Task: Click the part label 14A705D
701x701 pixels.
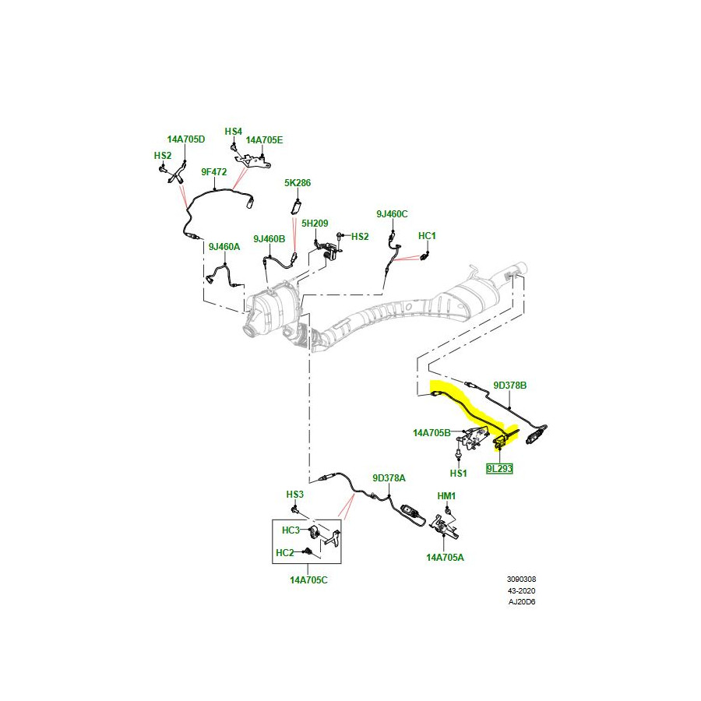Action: click(185, 139)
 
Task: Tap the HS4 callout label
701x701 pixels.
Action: click(234, 131)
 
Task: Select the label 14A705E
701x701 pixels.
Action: click(265, 140)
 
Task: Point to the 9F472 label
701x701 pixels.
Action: click(213, 171)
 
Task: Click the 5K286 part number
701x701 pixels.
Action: click(298, 183)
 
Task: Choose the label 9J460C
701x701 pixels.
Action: click(392, 213)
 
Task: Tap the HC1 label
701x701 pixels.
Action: click(427, 235)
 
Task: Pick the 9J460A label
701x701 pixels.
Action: click(224, 247)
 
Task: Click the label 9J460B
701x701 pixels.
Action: click(269, 238)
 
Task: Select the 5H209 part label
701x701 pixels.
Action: click(315, 223)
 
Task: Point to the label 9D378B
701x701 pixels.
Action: click(510, 385)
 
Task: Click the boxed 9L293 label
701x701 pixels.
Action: click(499, 470)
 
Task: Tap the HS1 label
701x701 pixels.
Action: click(458, 473)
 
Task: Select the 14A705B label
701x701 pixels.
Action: click(432, 432)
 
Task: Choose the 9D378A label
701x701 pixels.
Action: click(389, 478)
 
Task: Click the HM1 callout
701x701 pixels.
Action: click(446, 495)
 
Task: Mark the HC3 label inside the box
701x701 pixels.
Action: click(291, 530)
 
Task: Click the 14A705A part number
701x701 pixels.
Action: click(445, 557)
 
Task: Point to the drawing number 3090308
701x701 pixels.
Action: click(521, 579)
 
